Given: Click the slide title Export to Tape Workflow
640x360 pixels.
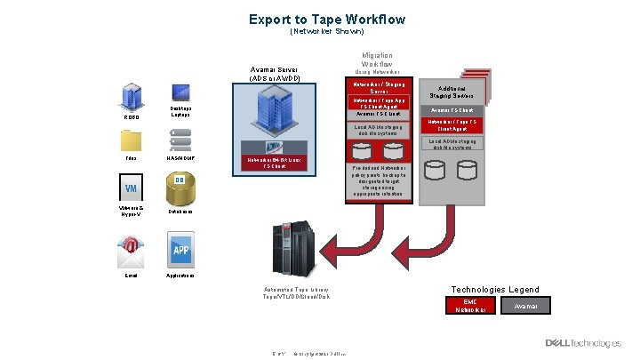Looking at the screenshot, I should point(327,19).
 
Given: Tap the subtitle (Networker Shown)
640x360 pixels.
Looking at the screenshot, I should point(327,31).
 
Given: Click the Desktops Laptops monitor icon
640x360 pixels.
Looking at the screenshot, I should point(180,92).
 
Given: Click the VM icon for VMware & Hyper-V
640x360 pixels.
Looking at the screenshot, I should point(131,188).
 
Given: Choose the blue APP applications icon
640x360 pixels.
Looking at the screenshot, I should point(180,249).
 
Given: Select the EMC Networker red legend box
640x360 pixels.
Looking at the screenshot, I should point(470,306).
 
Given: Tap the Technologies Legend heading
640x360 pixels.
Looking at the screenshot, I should point(495,290).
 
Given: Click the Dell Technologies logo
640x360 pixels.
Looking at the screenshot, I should point(582,342).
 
